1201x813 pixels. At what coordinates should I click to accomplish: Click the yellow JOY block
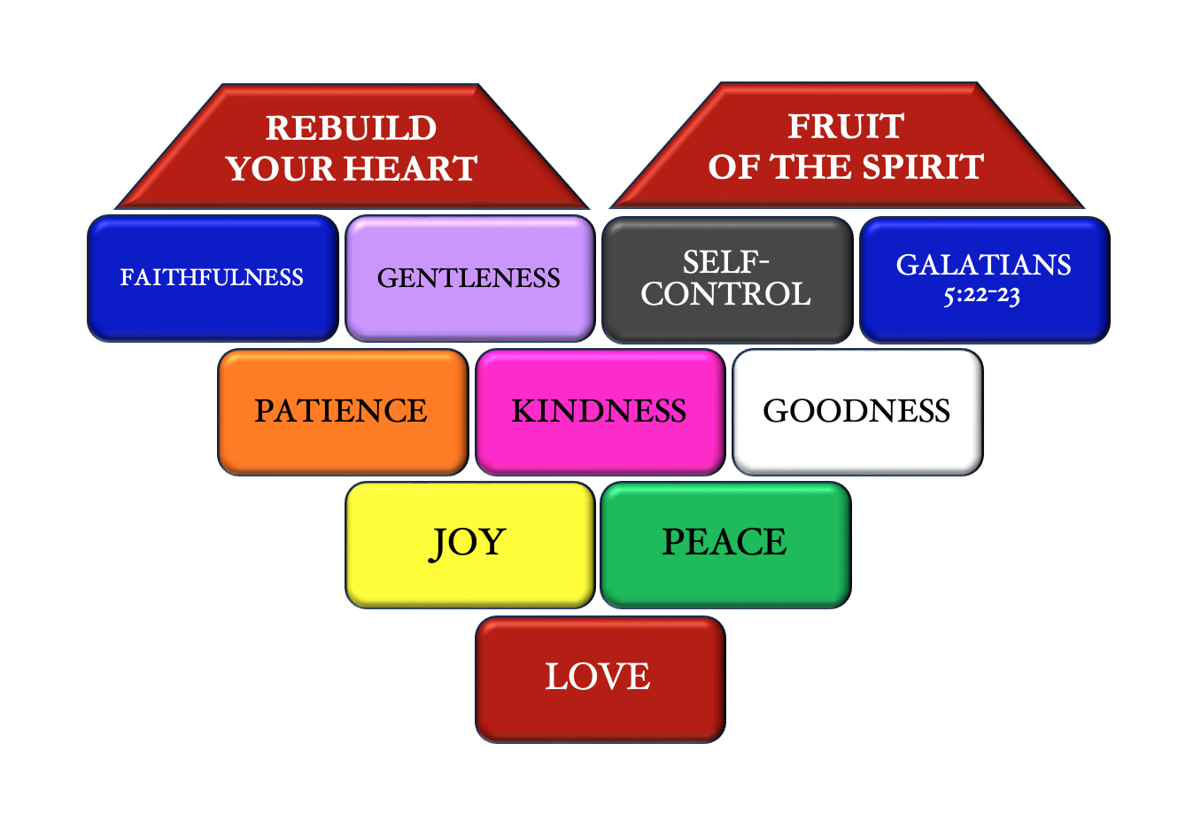tap(469, 544)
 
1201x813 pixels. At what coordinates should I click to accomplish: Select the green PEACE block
tap(725, 544)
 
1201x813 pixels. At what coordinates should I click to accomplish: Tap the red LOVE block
tap(600, 678)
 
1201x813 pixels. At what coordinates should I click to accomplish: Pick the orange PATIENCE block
tap(342, 412)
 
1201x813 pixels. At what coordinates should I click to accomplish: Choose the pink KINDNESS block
tap(600, 412)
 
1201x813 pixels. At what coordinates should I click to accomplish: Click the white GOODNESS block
tap(856, 412)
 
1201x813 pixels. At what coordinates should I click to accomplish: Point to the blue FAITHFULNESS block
tap(213, 278)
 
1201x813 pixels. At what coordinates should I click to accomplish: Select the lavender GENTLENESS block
tap(469, 278)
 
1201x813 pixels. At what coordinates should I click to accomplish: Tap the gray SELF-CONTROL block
tap(726, 279)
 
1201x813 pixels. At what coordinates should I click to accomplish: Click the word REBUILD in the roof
tap(352, 128)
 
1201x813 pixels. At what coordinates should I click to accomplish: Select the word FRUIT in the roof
tap(846, 127)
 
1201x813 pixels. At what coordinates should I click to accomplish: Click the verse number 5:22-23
tap(981, 295)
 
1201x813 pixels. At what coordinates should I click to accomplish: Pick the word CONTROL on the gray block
tap(725, 294)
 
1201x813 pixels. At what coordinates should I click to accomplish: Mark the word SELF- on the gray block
tap(725, 262)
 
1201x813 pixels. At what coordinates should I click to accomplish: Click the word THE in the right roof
tap(805, 166)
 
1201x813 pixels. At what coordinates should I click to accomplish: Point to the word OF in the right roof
tap(732, 166)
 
